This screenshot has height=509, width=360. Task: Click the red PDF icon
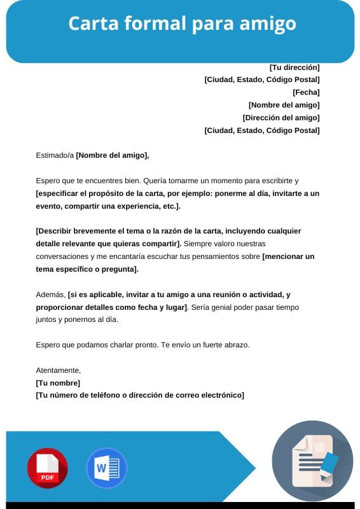[x=47, y=468]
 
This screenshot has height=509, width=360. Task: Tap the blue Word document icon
[x=106, y=468]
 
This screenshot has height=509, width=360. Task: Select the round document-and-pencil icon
[x=312, y=462]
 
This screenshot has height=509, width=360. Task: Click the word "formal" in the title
[x=153, y=24]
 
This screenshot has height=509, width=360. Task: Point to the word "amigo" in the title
[x=269, y=24]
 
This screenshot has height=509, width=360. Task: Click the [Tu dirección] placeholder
[x=294, y=67]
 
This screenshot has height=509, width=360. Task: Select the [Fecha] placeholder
[x=306, y=92]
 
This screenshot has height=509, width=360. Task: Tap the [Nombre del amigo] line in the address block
[x=284, y=105]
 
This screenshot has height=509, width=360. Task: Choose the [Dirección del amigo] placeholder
[x=281, y=118]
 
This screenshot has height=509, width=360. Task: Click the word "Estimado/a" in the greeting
[x=55, y=155]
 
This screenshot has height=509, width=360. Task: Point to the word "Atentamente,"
[x=59, y=370]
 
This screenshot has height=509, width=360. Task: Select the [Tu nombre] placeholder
[x=58, y=382]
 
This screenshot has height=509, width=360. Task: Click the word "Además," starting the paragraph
[x=50, y=295]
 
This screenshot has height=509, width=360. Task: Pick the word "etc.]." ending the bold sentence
[x=169, y=206]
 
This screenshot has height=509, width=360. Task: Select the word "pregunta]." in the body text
[x=118, y=269]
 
